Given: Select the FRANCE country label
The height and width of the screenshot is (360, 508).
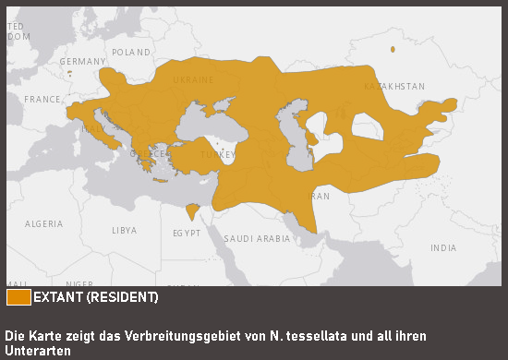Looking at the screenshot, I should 42,99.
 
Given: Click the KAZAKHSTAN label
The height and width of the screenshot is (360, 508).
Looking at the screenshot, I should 394,86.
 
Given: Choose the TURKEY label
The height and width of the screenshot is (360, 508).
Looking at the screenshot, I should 218,155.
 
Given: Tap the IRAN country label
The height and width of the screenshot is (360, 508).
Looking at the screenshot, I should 320,196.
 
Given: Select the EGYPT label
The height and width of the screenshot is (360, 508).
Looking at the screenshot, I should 186,234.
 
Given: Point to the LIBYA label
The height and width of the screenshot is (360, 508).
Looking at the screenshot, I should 124,230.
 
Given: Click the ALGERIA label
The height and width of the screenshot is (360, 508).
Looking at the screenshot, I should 44,223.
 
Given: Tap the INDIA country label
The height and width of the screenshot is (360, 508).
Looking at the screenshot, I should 442,247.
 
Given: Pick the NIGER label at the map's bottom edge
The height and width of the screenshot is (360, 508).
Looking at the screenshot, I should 79,282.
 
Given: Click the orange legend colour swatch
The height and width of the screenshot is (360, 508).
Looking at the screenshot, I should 18,297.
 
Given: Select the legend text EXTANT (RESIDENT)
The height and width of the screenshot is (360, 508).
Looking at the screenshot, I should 96,297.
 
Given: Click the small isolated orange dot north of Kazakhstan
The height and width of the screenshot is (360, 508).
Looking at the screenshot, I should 393,49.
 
